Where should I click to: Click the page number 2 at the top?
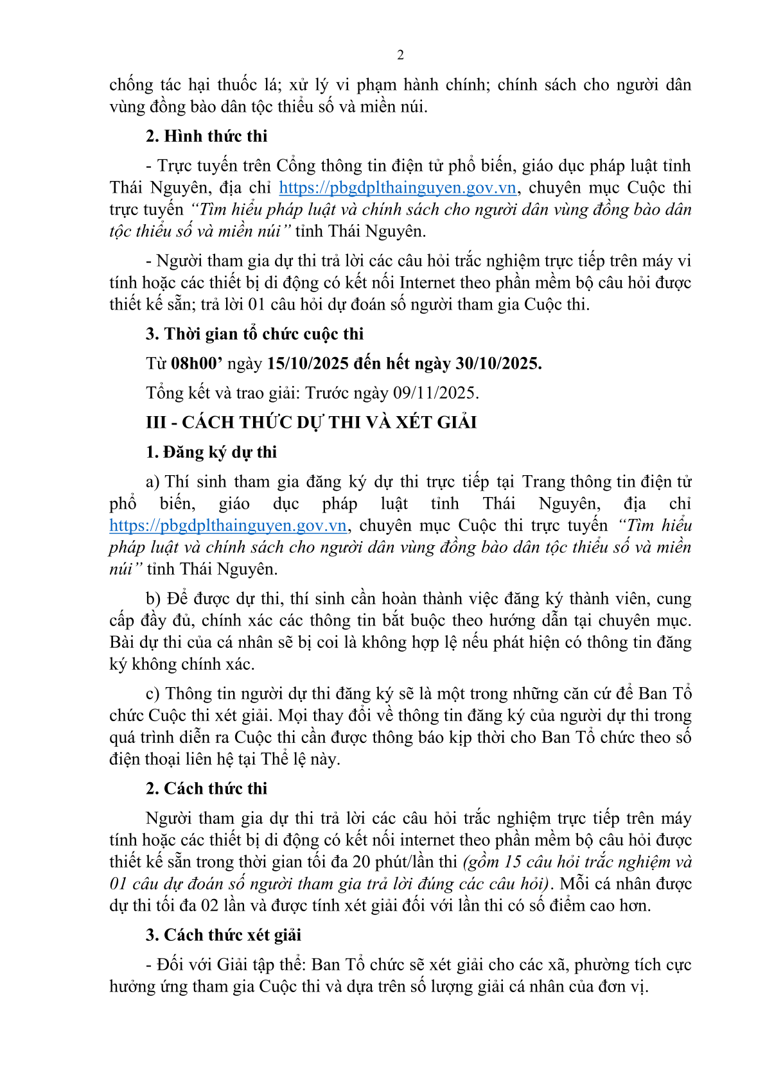click(x=400, y=55)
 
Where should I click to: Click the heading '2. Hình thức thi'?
click(x=206, y=136)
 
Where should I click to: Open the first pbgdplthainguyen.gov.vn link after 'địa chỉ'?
click(x=398, y=188)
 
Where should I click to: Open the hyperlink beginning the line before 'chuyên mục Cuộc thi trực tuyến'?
click(x=228, y=525)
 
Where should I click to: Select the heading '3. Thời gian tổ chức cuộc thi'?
click(x=254, y=334)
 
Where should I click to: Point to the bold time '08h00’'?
click(x=197, y=363)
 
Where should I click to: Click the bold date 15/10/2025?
click(x=307, y=363)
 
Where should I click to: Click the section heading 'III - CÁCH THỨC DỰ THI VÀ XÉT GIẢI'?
click(x=312, y=423)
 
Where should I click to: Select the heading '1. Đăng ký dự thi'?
click(x=211, y=452)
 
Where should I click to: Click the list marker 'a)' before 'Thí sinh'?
click(x=153, y=482)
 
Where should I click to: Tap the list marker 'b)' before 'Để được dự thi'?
click(x=154, y=598)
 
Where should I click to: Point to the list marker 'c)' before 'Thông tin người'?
click(x=153, y=694)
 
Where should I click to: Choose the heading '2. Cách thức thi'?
click(x=206, y=789)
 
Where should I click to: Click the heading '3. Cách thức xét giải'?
click(x=224, y=935)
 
